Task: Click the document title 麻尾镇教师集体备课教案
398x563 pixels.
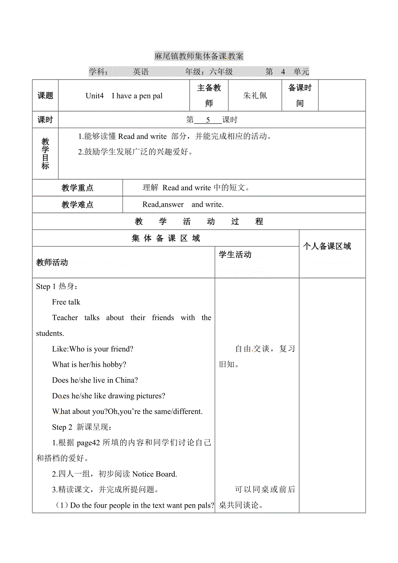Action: [x=199, y=56]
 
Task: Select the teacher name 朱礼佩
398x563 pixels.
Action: [x=255, y=96]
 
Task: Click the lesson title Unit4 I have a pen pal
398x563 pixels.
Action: [x=124, y=96]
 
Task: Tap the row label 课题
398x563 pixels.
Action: [x=45, y=96]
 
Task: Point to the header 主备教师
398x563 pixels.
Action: [x=209, y=96]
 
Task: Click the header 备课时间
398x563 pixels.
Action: [x=300, y=96]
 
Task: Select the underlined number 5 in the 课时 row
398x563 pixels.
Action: [x=208, y=120]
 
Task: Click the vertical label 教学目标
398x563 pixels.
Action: [x=45, y=154]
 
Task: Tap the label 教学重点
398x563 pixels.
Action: [x=77, y=188]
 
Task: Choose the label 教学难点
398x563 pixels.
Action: [x=77, y=205]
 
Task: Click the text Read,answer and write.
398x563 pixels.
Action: [x=183, y=205]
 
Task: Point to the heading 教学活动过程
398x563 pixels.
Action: [x=199, y=222]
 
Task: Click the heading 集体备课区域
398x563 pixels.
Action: [x=166, y=238]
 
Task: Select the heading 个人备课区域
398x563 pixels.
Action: [x=327, y=246]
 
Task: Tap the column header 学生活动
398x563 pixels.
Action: [x=235, y=255]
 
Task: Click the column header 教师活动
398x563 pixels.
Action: [x=52, y=262]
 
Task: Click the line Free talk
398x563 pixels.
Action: [x=66, y=302]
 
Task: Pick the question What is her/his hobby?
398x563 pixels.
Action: [x=89, y=365]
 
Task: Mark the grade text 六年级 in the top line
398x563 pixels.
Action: [x=221, y=72]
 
